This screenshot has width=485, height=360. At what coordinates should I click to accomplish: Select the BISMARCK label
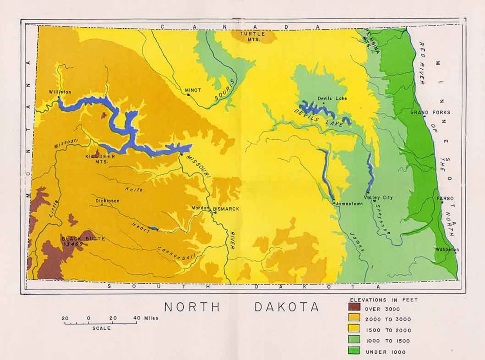point(226,209)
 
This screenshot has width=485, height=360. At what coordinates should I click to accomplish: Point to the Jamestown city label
point(349,204)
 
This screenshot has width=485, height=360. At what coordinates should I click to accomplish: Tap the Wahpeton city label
point(446,249)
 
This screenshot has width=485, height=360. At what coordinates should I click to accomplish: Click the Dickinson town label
point(107,201)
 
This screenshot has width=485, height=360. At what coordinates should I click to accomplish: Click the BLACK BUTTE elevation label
point(77,241)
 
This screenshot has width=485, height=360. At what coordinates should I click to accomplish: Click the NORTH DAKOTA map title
point(242,307)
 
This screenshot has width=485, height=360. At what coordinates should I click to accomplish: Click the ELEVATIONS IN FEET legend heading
point(384,299)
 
